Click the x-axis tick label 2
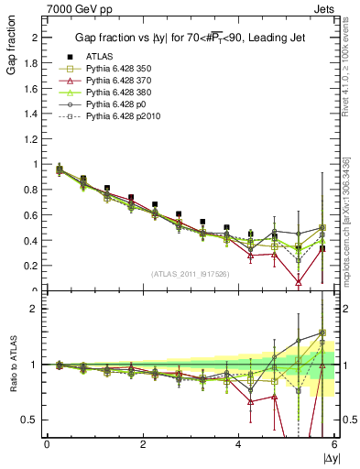click(x=143, y=444)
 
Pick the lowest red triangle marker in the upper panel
click(x=299, y=283)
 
